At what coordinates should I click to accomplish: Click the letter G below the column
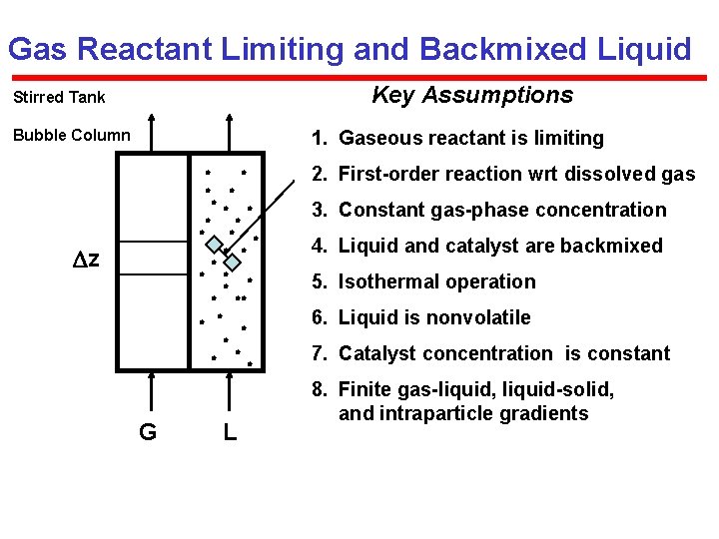coord(147,431)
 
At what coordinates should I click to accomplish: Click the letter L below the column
coord(230,431)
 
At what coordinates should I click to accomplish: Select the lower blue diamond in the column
coord(232,263)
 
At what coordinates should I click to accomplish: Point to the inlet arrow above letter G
coord(152,389)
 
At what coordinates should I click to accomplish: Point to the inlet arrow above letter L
coord(229,389)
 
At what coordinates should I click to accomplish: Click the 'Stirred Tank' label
coord(58,98)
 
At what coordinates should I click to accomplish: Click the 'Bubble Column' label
coord(71,135)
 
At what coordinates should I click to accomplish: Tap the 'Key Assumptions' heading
coord(472,95)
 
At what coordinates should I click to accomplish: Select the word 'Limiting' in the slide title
coord(309,48)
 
